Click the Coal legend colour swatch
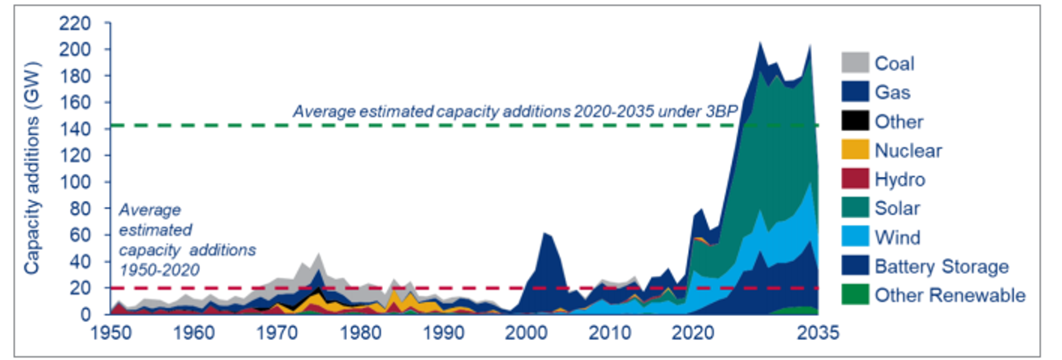[x=855, y=63]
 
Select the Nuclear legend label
[x=908, y=150]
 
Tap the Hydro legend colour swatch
[x=855, y=179]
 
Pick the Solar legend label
[x=897, y=208]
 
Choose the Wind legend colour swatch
[x=855, y=237]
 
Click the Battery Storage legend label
[x=941, y=266]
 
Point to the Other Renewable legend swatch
[x=855, y=294]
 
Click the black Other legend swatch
[x=855, y=121]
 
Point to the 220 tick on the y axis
[x=75, y=24]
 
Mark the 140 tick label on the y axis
[x=75, y=129]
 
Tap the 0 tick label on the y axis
[x=86, y=314]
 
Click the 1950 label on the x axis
[x=110, y=333]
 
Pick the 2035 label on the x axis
[x=818, y=333]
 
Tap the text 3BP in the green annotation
[x=721, y=111]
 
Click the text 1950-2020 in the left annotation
[x=159, y=270]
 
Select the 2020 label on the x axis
[x=693, y=333]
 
